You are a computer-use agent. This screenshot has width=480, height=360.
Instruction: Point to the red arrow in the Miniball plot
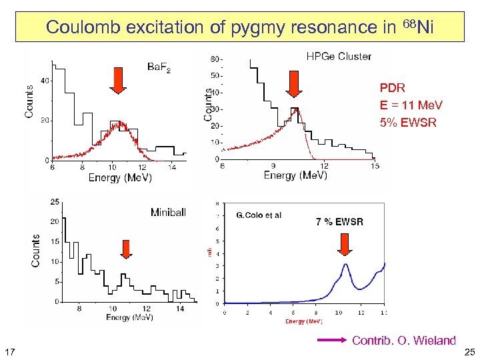coord(126,248)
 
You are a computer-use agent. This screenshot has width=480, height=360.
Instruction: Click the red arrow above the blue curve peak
coord(345,246)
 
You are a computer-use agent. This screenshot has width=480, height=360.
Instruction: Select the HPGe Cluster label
coord(339,57)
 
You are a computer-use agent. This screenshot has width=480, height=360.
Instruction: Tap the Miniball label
coord(172,212)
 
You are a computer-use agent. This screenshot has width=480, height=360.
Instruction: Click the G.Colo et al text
coord(259,215)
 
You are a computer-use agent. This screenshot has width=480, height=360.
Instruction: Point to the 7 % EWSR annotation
coord(339,221)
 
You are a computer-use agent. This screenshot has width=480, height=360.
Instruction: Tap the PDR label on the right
coord(392,88)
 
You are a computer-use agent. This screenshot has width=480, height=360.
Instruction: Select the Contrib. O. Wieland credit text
coord(403,341)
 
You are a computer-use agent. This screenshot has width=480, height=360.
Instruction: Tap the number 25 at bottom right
coord(469,351)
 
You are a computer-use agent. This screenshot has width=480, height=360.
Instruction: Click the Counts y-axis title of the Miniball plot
coord(35,251)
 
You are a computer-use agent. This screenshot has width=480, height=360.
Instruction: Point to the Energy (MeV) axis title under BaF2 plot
coord(119,178)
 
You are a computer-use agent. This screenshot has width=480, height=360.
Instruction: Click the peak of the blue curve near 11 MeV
coord(345,265)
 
